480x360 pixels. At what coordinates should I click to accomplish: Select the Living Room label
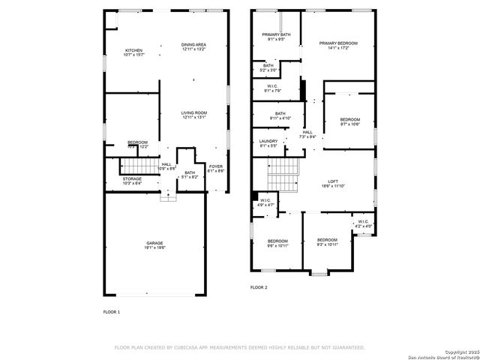tap(193, 115)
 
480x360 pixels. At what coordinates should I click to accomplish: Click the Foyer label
tap(216, 169)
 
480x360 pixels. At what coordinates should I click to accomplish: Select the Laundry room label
tap(268, 143)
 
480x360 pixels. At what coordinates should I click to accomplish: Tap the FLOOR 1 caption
tap(111, 311)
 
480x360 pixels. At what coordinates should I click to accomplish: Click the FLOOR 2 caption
tap(259, 287)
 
